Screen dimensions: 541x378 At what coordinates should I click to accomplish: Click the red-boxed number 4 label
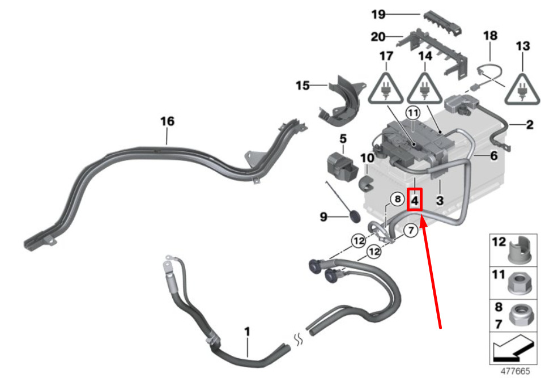coord(414,200)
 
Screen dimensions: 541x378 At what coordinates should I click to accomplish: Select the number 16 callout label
coord(167,121)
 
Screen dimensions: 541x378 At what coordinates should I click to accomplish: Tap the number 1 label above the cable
coord(247,332)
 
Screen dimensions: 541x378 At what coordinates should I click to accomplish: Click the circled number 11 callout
coord(413,113)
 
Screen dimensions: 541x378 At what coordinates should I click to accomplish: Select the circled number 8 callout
coord(398,199)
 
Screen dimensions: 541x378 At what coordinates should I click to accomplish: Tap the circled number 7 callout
coord(411,230)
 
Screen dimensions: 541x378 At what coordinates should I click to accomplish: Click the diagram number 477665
coord(515,371)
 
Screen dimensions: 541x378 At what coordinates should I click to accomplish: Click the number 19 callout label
coord(378,14)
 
